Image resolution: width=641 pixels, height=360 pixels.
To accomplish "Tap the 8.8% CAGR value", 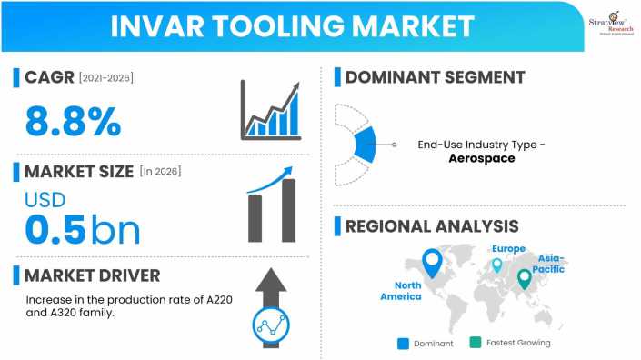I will [x=73, y=122].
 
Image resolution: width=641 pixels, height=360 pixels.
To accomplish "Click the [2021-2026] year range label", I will [x=105, y=78].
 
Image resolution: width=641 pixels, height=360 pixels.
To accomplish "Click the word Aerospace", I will [x=482, y=158].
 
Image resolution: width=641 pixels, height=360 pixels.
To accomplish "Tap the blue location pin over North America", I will [x=433, y=264].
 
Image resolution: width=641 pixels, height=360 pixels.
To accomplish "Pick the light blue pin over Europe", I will [x=496, y=265].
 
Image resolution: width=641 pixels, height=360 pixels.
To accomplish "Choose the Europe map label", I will [x=508, y=248].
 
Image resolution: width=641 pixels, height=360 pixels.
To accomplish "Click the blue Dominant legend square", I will [x=403, y=343].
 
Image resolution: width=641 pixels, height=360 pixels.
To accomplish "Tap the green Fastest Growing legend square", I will [x=475, y=343].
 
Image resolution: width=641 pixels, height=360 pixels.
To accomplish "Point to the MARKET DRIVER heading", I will [x=92, y=275].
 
